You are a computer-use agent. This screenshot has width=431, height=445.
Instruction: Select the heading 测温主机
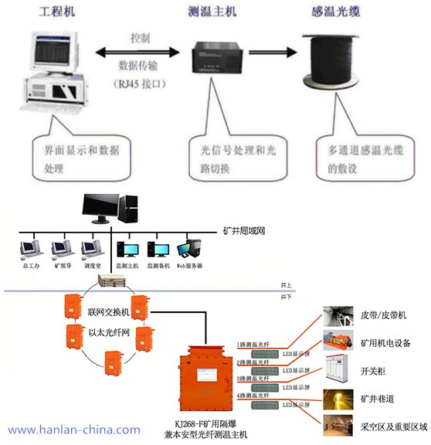[x=212, y=13]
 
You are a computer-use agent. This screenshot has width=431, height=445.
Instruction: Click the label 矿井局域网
[x=244, y=230]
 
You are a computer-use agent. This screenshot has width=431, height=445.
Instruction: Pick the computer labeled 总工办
[x=30, y=250]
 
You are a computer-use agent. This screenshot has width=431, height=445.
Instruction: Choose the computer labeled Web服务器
[x=188, y=250]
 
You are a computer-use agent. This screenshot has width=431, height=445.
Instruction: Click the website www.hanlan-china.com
[x=74, y=430]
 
